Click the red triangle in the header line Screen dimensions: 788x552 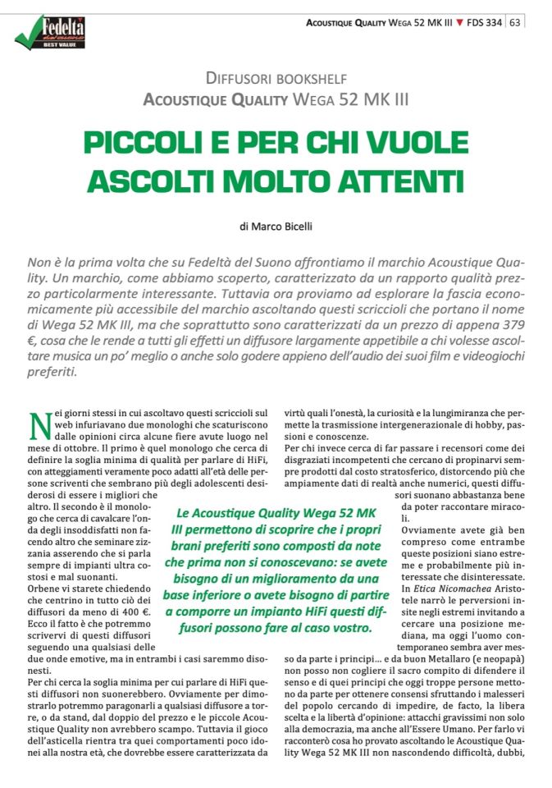coord(457,22)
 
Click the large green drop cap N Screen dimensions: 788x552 coord(35,426)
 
